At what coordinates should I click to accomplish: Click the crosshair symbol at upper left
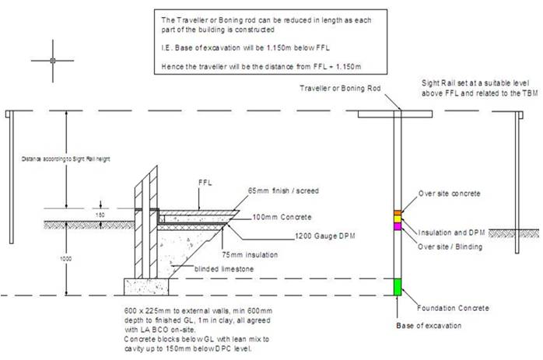(51, 60)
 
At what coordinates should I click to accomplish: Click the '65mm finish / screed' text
(282, 190)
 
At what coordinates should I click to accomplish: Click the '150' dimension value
(100, 214)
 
